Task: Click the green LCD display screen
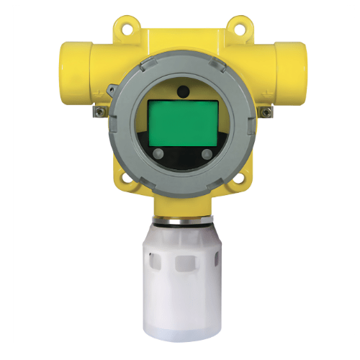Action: [x=182, y=122]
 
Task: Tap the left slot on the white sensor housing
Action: [x=157, y=266]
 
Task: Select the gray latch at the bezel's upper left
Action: [x=113, y=88]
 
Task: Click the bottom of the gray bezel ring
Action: [x=182, y=189]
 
